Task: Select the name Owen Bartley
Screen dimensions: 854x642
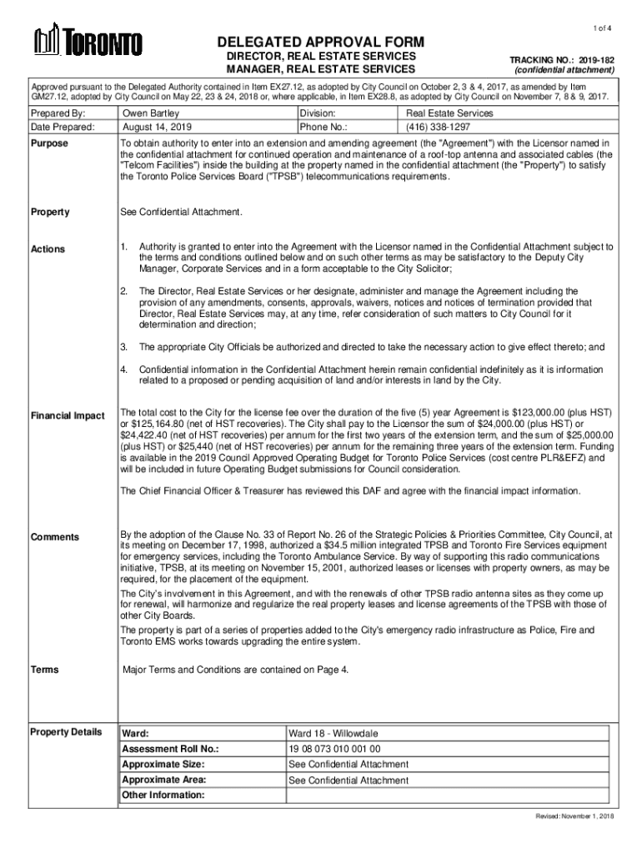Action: pos(151,113)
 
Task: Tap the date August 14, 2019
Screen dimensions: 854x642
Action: pos(157,128)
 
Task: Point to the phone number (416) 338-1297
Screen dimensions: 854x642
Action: pos(438,128)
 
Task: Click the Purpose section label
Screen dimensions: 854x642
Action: pos(50,144)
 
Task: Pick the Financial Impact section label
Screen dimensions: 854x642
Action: pos(68,415)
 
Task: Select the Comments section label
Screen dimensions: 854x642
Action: pos(54,536)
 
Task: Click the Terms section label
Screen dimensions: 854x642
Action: pos(44,670)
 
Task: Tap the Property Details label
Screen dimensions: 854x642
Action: pos(66,732)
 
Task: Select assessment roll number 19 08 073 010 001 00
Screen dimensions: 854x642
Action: pos(334,749)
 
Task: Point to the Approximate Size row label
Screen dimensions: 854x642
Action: pos(163,764)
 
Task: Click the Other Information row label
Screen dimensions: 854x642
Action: pos(163,795)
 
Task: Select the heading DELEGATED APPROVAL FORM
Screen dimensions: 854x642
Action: pos(321,43)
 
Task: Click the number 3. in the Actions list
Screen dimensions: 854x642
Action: pos(123,346)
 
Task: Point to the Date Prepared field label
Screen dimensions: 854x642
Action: pos(63,128)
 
